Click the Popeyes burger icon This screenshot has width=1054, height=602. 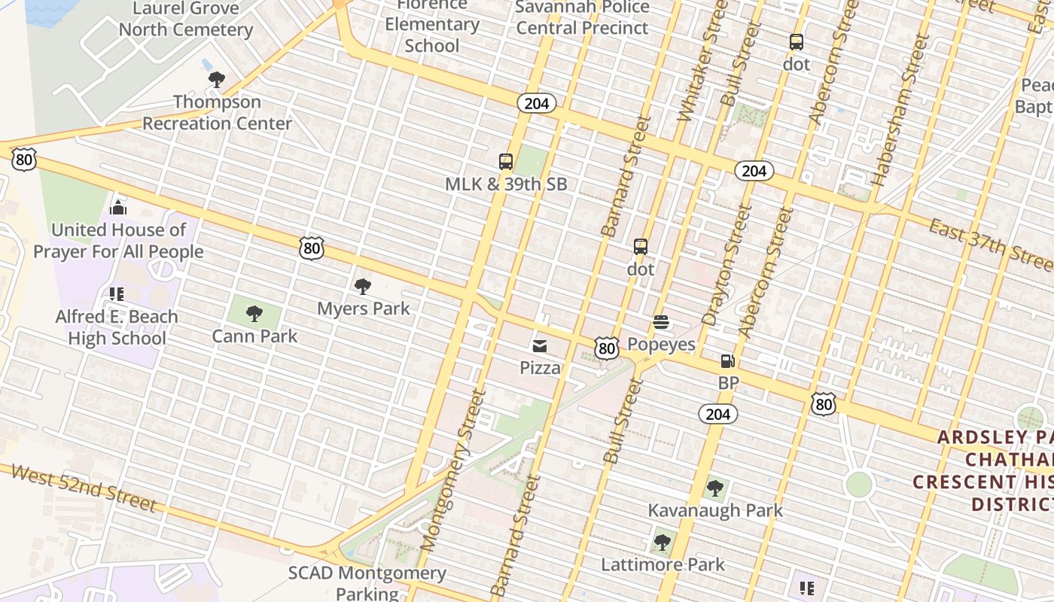661,323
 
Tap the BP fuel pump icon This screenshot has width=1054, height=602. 727,361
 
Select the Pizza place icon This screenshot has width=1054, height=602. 540,346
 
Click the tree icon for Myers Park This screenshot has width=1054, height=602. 363,286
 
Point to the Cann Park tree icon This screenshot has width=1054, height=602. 254,313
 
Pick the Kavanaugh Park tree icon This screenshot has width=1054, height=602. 715,488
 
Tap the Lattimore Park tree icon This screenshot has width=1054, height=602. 663,542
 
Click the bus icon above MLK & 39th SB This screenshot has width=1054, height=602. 506,161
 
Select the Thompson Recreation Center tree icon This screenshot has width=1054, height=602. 217,79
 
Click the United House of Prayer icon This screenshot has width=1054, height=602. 118,207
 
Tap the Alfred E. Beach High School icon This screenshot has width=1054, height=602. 116,293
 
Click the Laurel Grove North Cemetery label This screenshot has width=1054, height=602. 185,20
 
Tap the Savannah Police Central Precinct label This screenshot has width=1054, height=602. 582,18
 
